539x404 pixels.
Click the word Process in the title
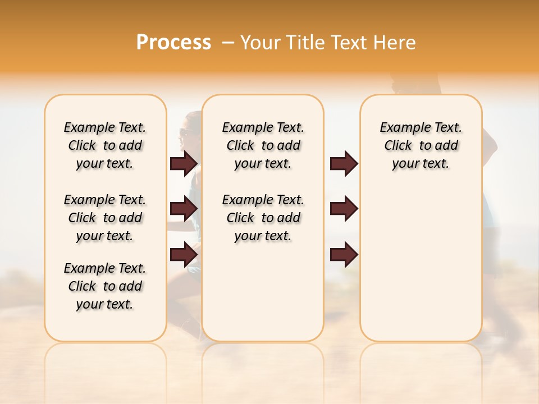coord(173,43)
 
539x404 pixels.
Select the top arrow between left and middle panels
coord(184,164)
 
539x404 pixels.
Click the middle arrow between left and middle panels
coord(184,209)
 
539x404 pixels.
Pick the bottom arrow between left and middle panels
coord(184,254)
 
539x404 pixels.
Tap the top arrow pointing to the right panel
coord(344,164)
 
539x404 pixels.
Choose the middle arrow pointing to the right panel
coord(344,209)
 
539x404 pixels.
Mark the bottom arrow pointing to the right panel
coord(344,254)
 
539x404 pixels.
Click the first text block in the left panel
coord(105,145)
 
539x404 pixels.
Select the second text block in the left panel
coord(105,218)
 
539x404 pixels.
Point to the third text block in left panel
coord(105,286)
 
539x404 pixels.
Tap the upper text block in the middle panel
coord(263,145)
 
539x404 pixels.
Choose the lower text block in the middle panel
coord(263,218)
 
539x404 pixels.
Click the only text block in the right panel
coord(421,145)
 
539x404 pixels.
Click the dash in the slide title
coord(227,43)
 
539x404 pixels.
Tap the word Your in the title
coord(259,43)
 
